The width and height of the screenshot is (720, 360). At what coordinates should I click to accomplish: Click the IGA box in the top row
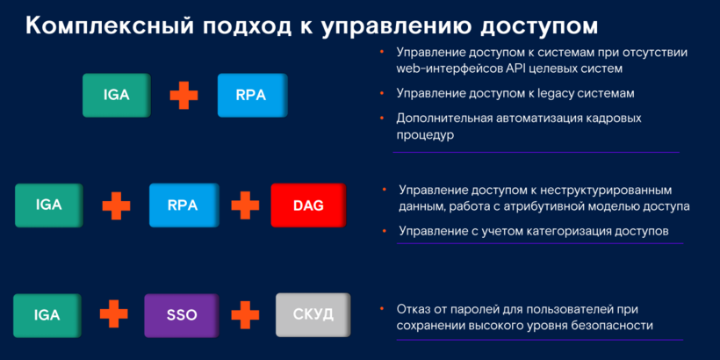click(x=117, y=95)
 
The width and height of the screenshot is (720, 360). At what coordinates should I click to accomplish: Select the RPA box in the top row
click(x=253, y=95)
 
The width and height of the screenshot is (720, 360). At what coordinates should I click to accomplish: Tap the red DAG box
click(x=308, y=205)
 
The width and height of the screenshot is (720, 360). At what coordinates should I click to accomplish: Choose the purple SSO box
click(x=182, y=315)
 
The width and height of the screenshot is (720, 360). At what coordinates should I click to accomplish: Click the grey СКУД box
click(x=313, y=315)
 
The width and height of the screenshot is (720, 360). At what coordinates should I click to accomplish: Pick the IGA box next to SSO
click(x=47, y=315)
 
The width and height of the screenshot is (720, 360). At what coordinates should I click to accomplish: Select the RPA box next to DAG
click(x=183, y=205)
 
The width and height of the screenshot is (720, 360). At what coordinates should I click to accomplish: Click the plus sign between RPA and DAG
click(x=245, y=205)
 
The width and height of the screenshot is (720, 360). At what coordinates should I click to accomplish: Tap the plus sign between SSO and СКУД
click(x=245, y=315)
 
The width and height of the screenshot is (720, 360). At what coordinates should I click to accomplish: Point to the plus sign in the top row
click(x=184, y=95)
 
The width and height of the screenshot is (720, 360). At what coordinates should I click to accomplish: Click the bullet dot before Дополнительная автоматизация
click(x=382, y=118)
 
